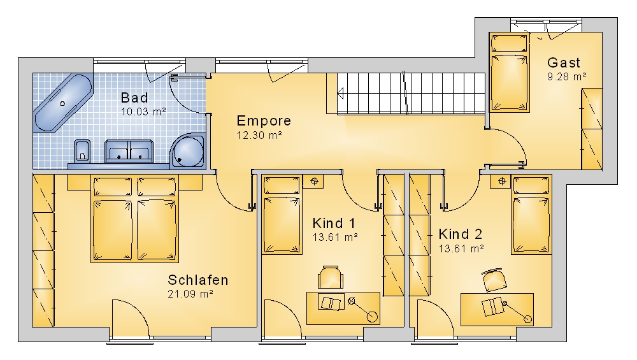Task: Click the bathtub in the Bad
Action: (x=63, y=103)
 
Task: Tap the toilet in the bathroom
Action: (x=82, y=150)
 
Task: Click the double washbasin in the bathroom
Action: (x=129, y=151)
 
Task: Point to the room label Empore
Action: (x=264, y=120)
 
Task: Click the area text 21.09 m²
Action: (x=190, y=294)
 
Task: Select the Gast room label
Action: (x=564, y=62)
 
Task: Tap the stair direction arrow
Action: (x=340, y=93)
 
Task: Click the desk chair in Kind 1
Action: (x=331, y=278)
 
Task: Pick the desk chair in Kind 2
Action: (x=494, y=280)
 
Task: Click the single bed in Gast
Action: (x=510, y=73)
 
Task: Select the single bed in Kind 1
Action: (x=282, y=215)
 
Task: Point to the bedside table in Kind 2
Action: (x=502, y=181)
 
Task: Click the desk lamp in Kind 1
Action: (x=362, y=309)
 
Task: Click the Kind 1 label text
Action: (x=334, y=223)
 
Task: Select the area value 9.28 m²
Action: (x=566, y=76)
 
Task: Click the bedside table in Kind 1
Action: (x=313, y=181)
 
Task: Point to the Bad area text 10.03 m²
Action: (x=143, y=112)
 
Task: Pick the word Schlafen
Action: (x=198, y=280)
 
